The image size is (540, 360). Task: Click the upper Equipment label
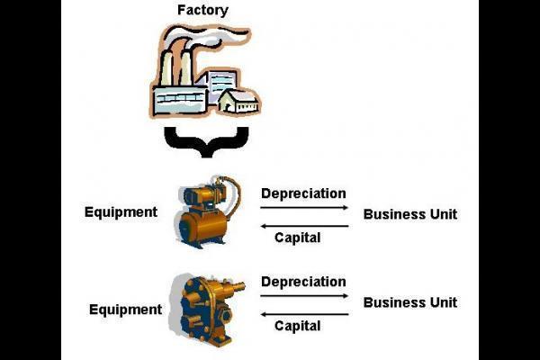pos(121,212)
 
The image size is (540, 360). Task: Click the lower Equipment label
pos(126,310)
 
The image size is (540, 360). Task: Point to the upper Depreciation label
pos(303,193)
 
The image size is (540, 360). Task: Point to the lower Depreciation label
pos(303,282)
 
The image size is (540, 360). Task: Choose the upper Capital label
pos(297,238)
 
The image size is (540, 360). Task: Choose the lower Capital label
pos(297,326)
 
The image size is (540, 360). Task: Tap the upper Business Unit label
pos(409,214)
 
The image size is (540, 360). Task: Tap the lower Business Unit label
pos(409,302)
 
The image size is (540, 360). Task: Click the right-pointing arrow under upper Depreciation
pos(304,208)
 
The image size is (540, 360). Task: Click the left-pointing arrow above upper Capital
pos(304,225)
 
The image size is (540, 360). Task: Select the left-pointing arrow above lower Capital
pos(304,313)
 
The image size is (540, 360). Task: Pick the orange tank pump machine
pos(207,216)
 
